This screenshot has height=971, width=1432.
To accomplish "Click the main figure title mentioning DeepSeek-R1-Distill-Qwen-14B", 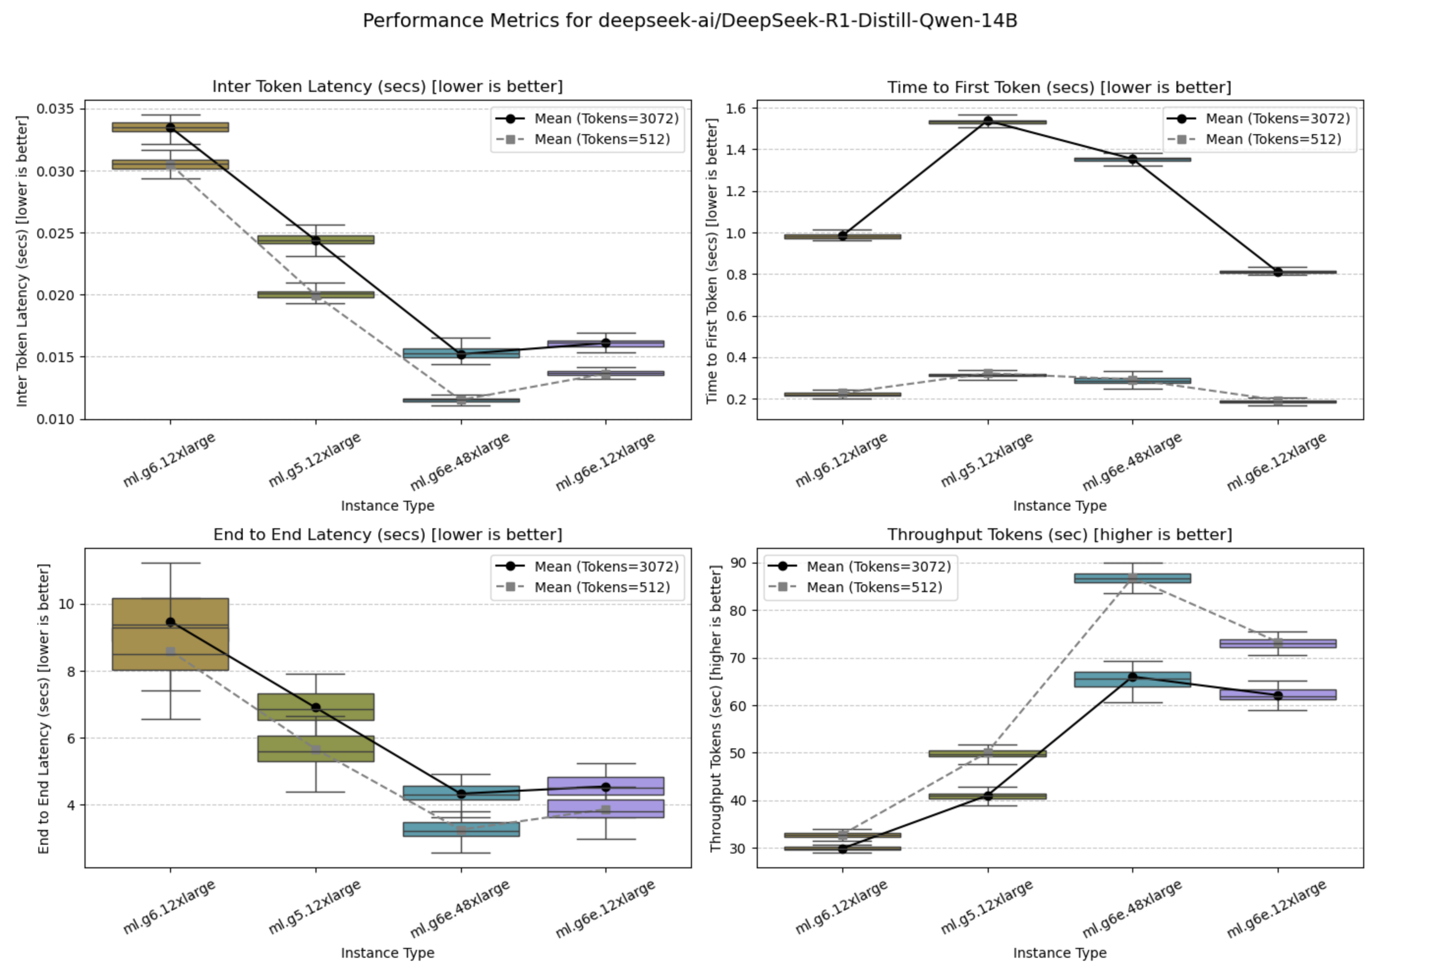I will click(x=689, y=21).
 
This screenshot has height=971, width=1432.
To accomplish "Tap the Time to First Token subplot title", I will click(x=1059, y=87).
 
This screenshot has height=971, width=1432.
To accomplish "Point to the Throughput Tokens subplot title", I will click(x=1059, y=534).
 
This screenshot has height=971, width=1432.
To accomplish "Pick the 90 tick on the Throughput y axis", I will click(x=738, y=563).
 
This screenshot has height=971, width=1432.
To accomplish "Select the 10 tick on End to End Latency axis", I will click(x=66, y=604).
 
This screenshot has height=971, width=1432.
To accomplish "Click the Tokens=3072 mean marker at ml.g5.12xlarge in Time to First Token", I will click(x=988, y=121).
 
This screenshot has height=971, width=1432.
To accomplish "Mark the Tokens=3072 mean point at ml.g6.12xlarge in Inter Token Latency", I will click(x=171, y=128).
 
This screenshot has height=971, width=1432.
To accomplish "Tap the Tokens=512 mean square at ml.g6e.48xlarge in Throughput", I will click(x=1133, y=577).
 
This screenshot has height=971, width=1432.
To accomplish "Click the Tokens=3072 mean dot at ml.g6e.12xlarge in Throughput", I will click(x=1278, y=696).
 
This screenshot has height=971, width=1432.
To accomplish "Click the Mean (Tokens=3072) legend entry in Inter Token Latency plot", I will click(x=606, y=118).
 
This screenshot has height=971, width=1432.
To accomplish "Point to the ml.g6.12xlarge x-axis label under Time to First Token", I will click(x=841, y=459).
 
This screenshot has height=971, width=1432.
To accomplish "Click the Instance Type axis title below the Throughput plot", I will click(x=1059, y=952).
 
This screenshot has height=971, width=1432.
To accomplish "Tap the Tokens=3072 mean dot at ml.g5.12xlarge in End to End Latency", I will click(x=316, y=707).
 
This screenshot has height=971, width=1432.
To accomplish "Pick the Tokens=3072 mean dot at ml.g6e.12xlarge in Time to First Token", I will click(x=1278, y=272).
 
